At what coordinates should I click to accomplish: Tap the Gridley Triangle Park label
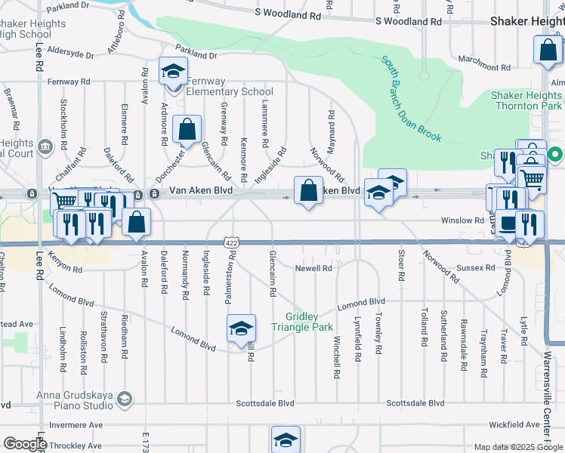coord(308,322)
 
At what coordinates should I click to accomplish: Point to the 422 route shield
coord(232,242)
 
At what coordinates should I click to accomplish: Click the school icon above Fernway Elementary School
coord(173,72)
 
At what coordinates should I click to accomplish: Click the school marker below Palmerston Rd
coord(241,328)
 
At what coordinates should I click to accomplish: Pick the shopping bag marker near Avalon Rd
coord(137,222)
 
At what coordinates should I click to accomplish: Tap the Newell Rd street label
coord(313,268)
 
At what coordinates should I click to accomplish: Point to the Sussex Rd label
coord(480,267)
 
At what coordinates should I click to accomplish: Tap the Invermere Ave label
coord(74,425)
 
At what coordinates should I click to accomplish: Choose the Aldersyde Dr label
coord(70,55)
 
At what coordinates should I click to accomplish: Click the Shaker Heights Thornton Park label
coord(526,100)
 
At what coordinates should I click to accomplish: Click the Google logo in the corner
coord(25,444)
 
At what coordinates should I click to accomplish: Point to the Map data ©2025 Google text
coord(518,447)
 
